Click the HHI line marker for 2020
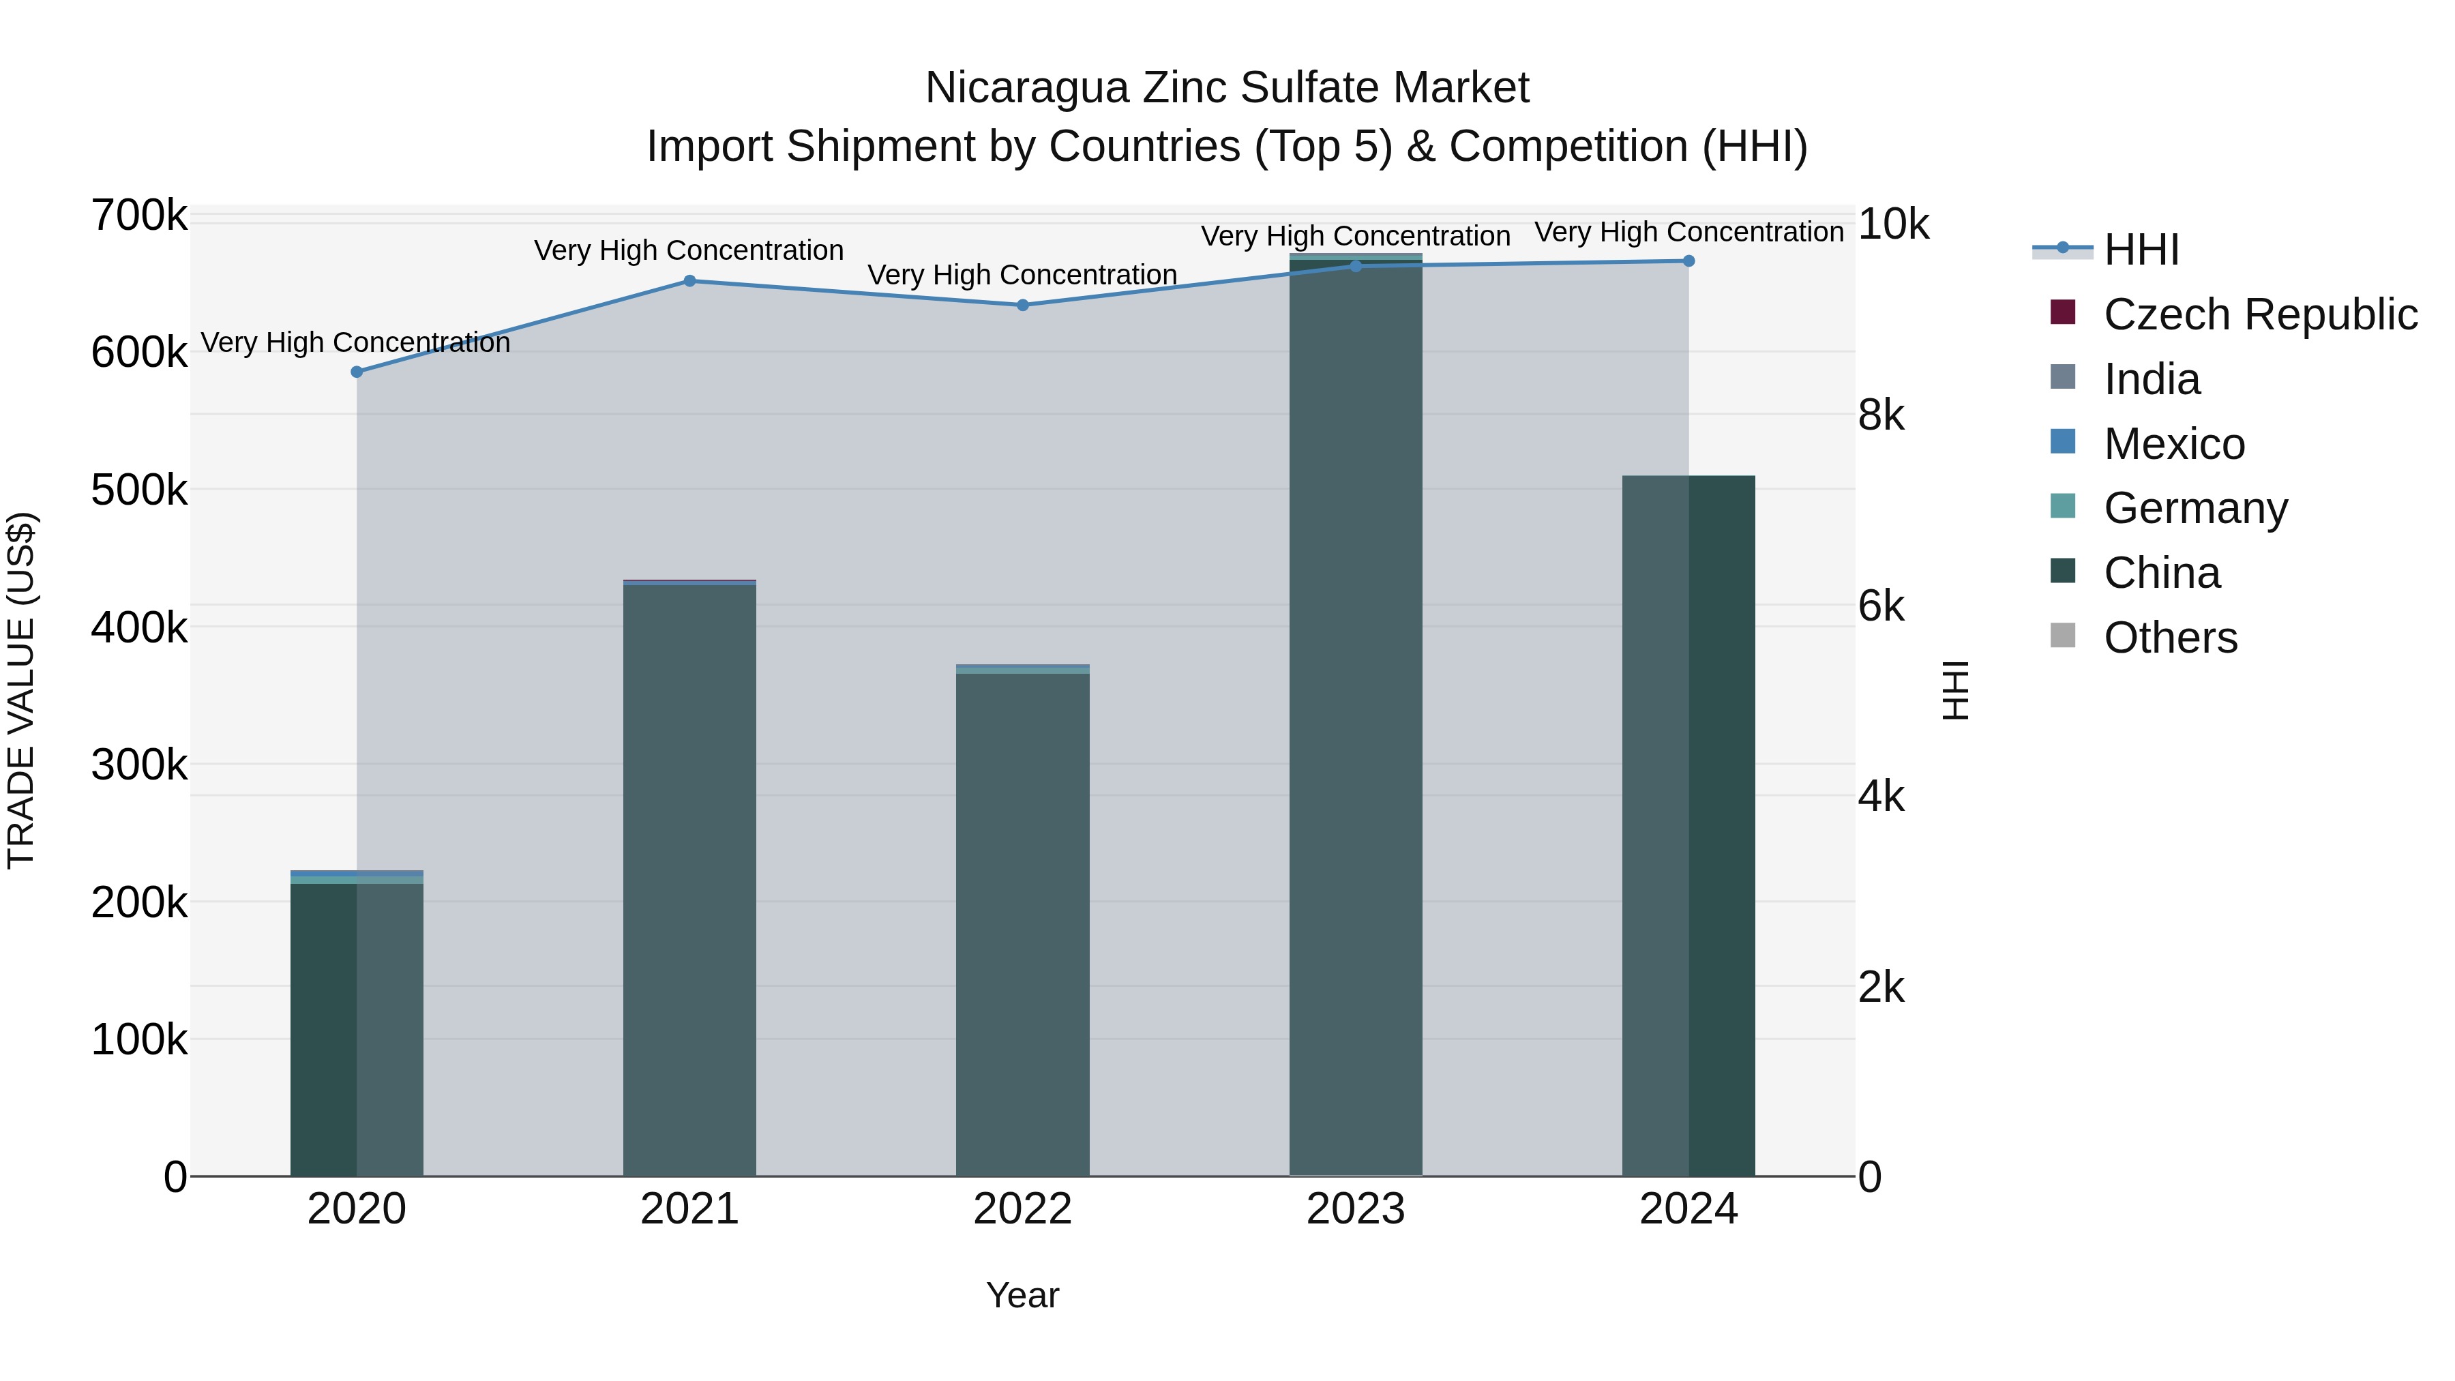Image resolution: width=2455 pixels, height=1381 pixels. pos(357,372)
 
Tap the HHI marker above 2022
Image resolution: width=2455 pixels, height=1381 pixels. pos(1023,305)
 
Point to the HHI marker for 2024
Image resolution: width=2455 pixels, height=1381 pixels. pos(1688,261)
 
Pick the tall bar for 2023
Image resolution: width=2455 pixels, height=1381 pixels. pos(1355,715)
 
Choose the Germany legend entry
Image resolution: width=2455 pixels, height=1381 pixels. pos(2194,508)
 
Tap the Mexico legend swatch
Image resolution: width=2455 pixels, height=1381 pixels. pos(2062,442)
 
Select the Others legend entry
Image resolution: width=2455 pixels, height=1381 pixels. pos(2170,638)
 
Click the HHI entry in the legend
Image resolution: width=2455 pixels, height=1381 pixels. pos(2141,250)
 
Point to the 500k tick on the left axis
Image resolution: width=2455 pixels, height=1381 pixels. pos(139,491)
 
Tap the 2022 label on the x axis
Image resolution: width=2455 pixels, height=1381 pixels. pos(1023,1209)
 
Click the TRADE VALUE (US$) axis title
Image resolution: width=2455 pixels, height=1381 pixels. pos(21,690)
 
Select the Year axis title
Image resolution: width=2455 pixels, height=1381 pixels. pos(1023,1295)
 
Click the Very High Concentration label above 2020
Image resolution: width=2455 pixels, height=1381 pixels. pos(355,342)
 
